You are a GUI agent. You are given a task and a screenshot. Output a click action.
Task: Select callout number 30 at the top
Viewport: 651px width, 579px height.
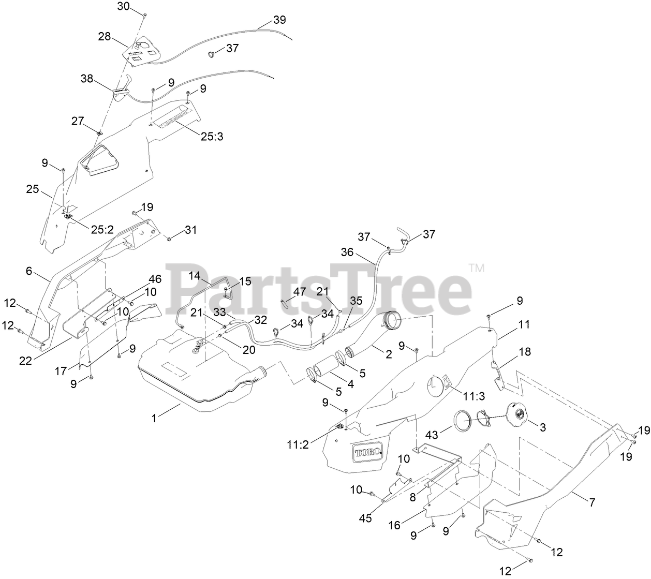124,6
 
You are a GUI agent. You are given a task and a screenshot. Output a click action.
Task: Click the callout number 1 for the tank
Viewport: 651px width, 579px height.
154,419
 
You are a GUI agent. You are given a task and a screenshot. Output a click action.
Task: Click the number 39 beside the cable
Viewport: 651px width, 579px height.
279,20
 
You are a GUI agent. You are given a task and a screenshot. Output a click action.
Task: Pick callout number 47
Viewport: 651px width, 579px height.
300,292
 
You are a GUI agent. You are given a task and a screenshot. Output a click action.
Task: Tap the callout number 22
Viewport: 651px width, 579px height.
25,361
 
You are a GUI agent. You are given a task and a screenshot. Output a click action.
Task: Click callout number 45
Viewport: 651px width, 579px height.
365,517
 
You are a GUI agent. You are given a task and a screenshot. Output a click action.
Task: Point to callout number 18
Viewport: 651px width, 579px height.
525,352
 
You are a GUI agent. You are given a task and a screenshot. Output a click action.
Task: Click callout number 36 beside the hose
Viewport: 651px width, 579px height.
347,253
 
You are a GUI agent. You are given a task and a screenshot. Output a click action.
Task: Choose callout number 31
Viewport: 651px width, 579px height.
191,229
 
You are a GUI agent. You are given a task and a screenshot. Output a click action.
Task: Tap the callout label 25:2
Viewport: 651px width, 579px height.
102,229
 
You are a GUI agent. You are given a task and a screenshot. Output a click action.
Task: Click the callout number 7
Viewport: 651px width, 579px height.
592,502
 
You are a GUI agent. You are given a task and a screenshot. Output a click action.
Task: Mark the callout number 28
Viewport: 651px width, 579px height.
105,36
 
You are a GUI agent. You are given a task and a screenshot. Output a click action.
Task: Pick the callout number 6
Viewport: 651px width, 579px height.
29,271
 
